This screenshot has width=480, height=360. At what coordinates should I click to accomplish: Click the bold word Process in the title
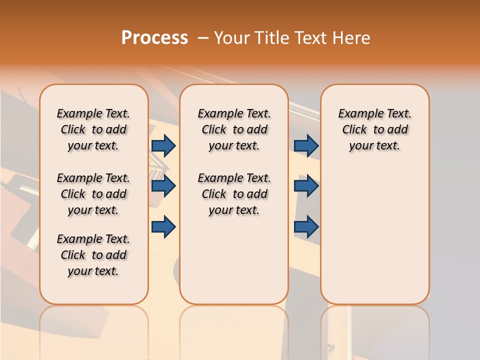click(154, 38)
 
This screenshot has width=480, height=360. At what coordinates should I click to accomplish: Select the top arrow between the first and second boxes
click(163, 145)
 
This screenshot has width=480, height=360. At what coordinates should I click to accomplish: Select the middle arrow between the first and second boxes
click(163, 186)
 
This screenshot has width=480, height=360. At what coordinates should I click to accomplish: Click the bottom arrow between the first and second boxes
click(163, 226)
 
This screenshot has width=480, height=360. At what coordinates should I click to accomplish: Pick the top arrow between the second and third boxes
click(306, 145)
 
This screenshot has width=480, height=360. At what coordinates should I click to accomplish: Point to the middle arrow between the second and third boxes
click(306, 186)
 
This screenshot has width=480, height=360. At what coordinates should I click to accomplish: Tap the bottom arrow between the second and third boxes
click(306, 226)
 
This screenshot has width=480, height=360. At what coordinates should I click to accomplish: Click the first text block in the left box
click(93, 129)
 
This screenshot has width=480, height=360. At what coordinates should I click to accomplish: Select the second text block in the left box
click(93, 194)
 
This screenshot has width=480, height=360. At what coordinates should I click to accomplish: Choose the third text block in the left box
click(93, 255)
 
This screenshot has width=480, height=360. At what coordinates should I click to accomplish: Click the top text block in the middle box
click(234, 129)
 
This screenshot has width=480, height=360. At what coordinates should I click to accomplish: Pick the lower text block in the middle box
click(234, 194)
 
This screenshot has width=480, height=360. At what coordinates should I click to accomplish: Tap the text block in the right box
click(375, 129)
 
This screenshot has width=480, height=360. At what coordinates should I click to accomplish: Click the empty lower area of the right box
click(375, 235)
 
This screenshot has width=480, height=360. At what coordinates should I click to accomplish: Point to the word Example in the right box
click(357, 114)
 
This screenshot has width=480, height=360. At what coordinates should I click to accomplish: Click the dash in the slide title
click(203, 38)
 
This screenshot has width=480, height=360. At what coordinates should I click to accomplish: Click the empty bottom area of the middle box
click(234, 265)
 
